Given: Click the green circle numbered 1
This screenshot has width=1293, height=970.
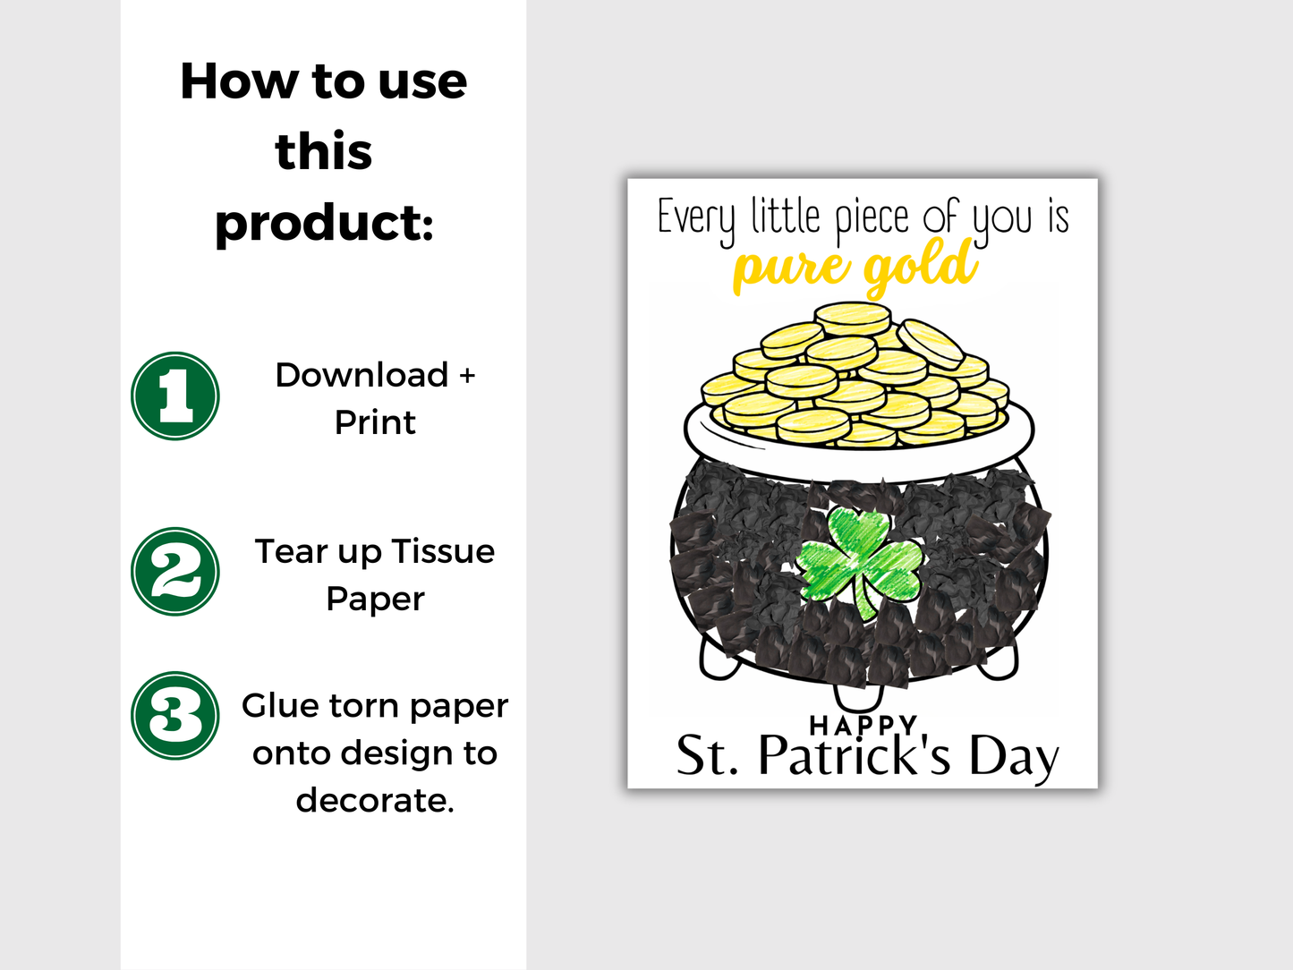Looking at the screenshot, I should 175,396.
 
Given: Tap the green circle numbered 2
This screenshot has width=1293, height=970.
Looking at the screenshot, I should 175,571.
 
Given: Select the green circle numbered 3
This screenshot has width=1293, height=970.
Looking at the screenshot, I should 175,715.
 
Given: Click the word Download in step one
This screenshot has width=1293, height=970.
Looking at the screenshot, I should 362,375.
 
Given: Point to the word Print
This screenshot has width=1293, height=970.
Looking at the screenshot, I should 375,422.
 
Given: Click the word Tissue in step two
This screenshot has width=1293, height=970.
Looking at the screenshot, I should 443,551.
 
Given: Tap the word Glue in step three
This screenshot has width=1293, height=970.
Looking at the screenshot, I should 278,705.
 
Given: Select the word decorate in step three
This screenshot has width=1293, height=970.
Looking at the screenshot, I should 374,800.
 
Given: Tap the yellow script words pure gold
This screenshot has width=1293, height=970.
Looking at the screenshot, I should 855,268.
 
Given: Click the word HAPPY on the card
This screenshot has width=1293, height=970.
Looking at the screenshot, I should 863,724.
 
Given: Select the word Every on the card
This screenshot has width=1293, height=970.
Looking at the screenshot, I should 695,218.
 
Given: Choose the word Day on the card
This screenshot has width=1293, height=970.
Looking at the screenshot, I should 1014,758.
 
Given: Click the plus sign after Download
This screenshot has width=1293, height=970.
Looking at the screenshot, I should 467,376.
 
